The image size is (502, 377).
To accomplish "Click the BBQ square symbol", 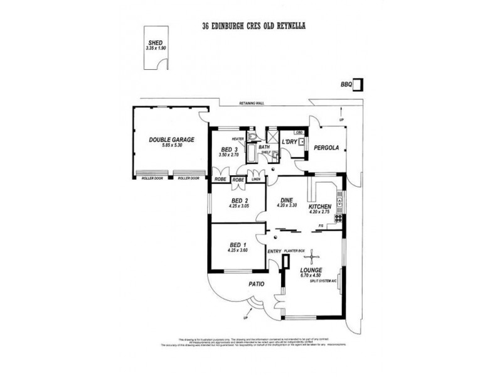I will click(x=357, y=84).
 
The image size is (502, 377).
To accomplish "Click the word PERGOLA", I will click(x=327, y=148).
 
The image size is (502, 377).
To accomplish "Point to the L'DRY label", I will click(x=289, y=142).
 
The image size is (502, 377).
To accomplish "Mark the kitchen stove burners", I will click(x=339, y=219).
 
